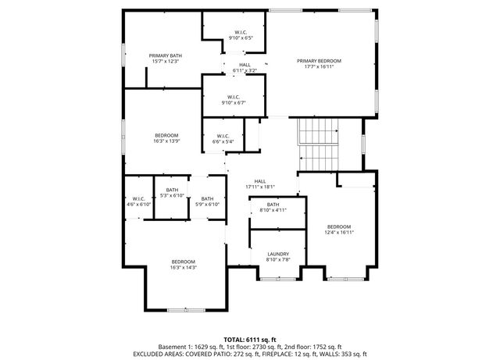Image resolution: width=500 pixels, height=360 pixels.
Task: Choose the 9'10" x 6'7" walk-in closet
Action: [234, 98]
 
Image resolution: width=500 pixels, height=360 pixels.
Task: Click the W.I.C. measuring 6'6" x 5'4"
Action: [223, 139]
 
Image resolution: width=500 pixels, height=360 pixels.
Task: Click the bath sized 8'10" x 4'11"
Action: [277, 207]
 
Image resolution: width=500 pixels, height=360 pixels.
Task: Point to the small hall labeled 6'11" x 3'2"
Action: [245, 68]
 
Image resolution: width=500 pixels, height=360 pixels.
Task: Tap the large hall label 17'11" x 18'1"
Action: [260, 184]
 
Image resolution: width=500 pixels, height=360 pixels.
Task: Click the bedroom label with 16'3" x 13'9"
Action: [166, 138]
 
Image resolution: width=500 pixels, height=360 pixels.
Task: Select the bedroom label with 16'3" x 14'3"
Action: [183, 264]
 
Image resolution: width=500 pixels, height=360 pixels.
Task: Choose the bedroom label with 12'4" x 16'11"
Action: [339, 229]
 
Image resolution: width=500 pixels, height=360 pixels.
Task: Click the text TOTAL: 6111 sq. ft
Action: [249, 338]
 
